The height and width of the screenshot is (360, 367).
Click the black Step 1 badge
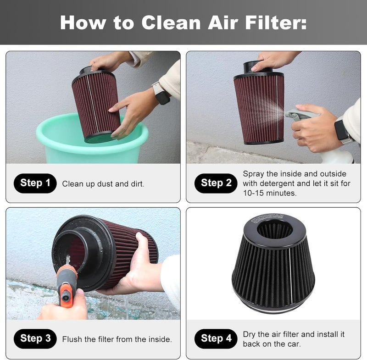(35, 183)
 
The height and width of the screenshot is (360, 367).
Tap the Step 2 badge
(216, 183)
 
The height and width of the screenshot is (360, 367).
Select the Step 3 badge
(35, 338)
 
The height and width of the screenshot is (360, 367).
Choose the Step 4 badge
(216, 338)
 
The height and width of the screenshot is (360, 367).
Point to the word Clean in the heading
(171, 22)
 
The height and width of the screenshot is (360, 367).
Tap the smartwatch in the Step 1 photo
(161, 93)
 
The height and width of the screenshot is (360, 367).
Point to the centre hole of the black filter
(274, 229)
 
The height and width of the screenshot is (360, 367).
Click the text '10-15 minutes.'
(270, 193)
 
